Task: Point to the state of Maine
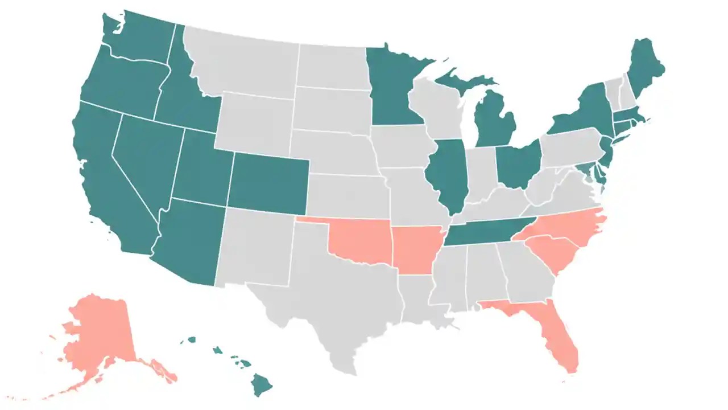pyautogui.click(x=646, y=71)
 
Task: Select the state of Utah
pyautogui.click(x=202, y=171)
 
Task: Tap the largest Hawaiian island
pyautogui.click(x=262, y=384)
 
